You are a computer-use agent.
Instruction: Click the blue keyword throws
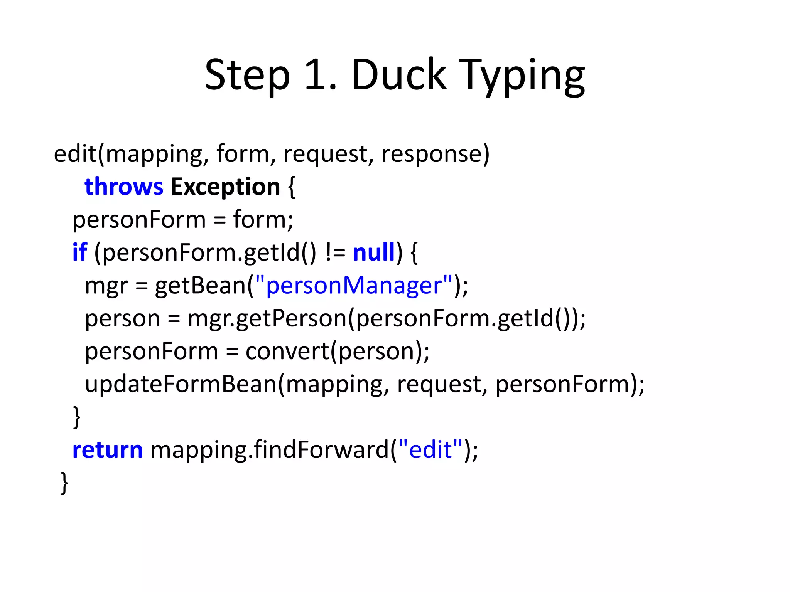(x=124, y=187)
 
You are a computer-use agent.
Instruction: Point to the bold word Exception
(x=225, y=187)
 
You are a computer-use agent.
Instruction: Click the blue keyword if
(x=79, y=252)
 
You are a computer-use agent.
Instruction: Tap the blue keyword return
(x=108, y=450)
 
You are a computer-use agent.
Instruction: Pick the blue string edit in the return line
(x=430, y=450)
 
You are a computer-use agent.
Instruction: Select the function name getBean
(x=200, y=286)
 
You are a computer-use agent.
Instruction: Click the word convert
(x=287, y=351)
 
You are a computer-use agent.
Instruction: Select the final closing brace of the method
(x=65, y=483)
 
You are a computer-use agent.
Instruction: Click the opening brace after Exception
(x=292, y=187)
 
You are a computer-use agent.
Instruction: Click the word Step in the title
(x=247, y=75)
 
